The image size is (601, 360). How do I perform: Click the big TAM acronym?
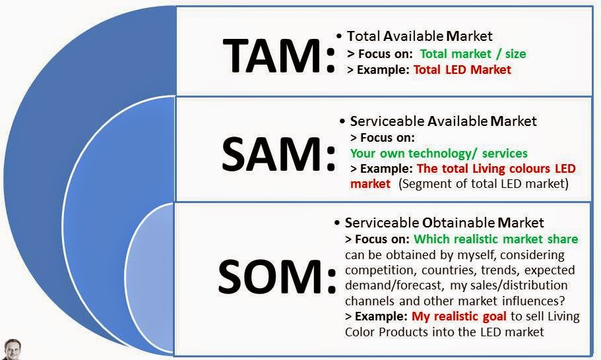(x=278, y=56)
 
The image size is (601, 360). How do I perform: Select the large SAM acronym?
(x=278, y=154)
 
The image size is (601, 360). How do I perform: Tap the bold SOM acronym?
(x=276, y=276)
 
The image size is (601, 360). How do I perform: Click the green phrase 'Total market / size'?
(x=473, y=53)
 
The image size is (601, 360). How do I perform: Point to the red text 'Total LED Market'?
(x=462, y=70)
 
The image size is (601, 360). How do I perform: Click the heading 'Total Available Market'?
(x=420, y=36)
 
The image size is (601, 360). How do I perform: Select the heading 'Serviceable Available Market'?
(x=443, y=121)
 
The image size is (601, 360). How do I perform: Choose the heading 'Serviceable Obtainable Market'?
(x=444, y=222)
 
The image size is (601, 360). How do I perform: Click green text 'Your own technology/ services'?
(x=439, y=153)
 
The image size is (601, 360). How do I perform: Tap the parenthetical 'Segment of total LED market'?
(x=484, y=184)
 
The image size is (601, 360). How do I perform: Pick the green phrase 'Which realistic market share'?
(x=496, y=239)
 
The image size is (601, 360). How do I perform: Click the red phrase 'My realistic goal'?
(x=459, y=316)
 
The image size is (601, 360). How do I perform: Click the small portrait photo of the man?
(x=11, y=349)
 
